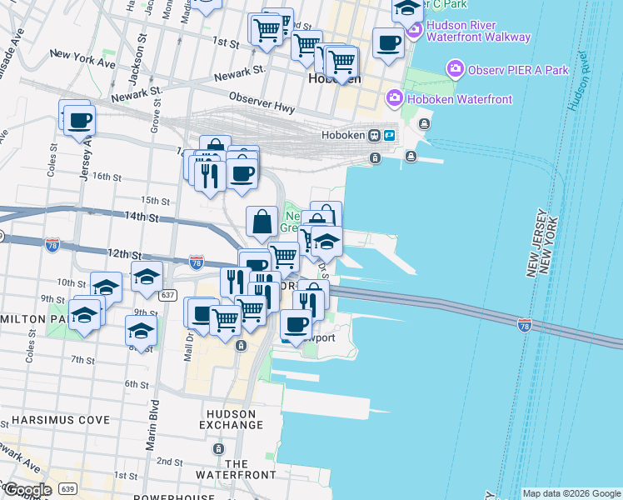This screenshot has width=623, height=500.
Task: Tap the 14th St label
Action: click(x=142, y=217)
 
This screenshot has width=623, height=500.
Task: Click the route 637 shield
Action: click(x=168, y=295)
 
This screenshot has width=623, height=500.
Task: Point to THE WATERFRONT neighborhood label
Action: click(x=236, y=469)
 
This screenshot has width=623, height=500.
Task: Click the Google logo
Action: click(x=27, y=489)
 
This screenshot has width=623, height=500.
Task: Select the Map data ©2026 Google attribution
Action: click(x=571, y=493)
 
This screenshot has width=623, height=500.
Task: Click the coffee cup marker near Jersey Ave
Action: click(x=79, y=121)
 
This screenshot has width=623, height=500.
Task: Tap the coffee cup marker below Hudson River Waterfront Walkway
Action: click(x=388, y=42)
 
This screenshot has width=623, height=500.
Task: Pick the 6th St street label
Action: click(x=136, y=383)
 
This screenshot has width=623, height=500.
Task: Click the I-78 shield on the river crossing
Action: click(x=525, y=322)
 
